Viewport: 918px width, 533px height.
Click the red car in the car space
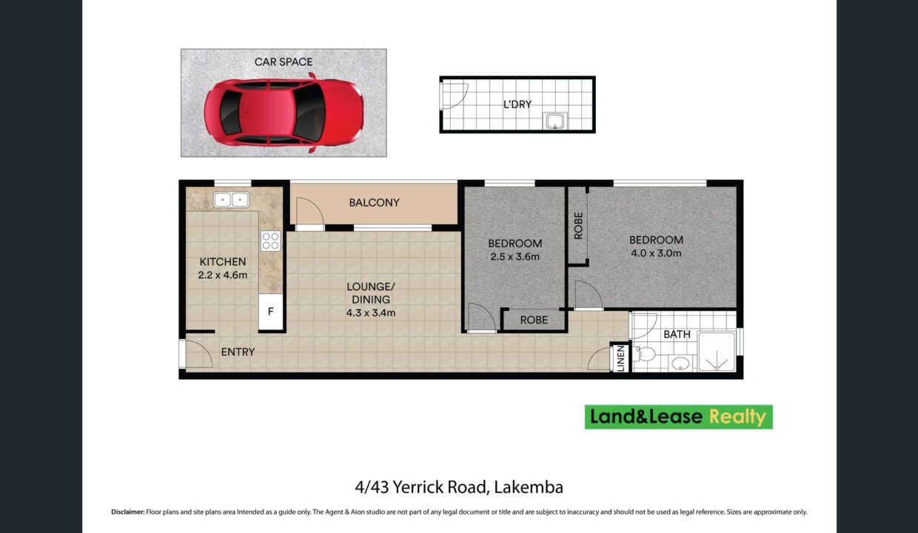pos(284,113)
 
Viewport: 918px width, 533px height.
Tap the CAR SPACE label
pos(284,62)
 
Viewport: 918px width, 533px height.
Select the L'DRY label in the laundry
pos(517,104)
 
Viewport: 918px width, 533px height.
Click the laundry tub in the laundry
pos(555,121)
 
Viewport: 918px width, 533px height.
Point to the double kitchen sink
pos(231,200)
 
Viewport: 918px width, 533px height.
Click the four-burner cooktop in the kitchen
pos(270,241)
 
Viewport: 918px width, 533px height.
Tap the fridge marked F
pos(270,312)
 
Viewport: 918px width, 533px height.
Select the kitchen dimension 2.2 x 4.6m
pos(223,275)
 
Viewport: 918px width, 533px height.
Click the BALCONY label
pos(374,203)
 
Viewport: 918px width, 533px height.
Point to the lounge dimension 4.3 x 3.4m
pos(370,313)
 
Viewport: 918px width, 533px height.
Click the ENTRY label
pos(238,352)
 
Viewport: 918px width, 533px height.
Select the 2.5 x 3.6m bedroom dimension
pos(515,257)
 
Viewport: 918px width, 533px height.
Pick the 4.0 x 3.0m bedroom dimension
pos(656,253)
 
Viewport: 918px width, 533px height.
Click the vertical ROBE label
pos(578,226)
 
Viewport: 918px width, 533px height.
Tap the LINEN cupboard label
pos(620,358)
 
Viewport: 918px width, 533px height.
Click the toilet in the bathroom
pos(643,354)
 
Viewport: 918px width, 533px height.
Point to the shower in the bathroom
pos(717,352)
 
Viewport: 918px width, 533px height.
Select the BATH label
pos(677,335)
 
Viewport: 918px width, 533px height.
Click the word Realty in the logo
pos(737,417)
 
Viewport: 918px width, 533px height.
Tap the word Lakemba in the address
pos(529,487)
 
